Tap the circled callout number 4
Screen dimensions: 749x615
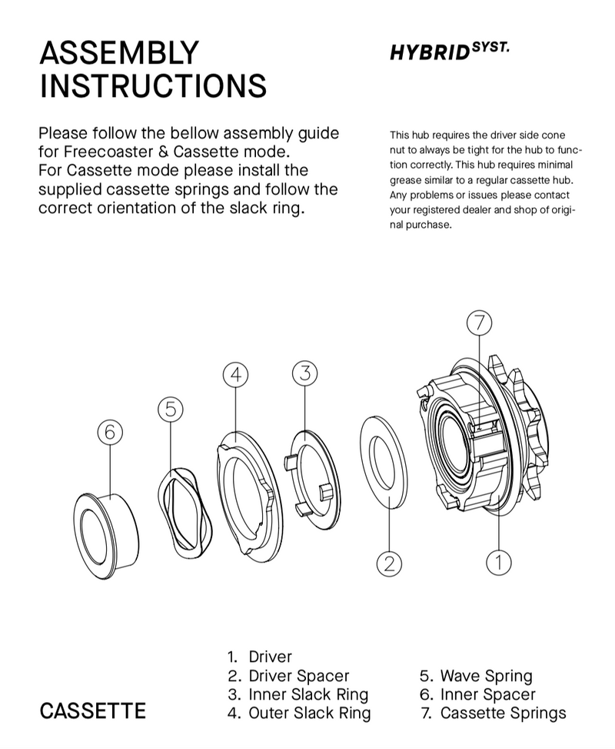[x=237, y=374]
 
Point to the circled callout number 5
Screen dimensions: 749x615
[x=171, y=410]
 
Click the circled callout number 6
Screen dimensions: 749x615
[x=110, y=433]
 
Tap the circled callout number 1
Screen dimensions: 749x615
[x=499, y=561]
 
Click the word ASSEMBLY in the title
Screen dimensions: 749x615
[x=118, y=53]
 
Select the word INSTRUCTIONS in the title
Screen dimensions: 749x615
[x=153, y=86]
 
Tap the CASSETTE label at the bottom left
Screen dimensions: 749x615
[x=92, y=711]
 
